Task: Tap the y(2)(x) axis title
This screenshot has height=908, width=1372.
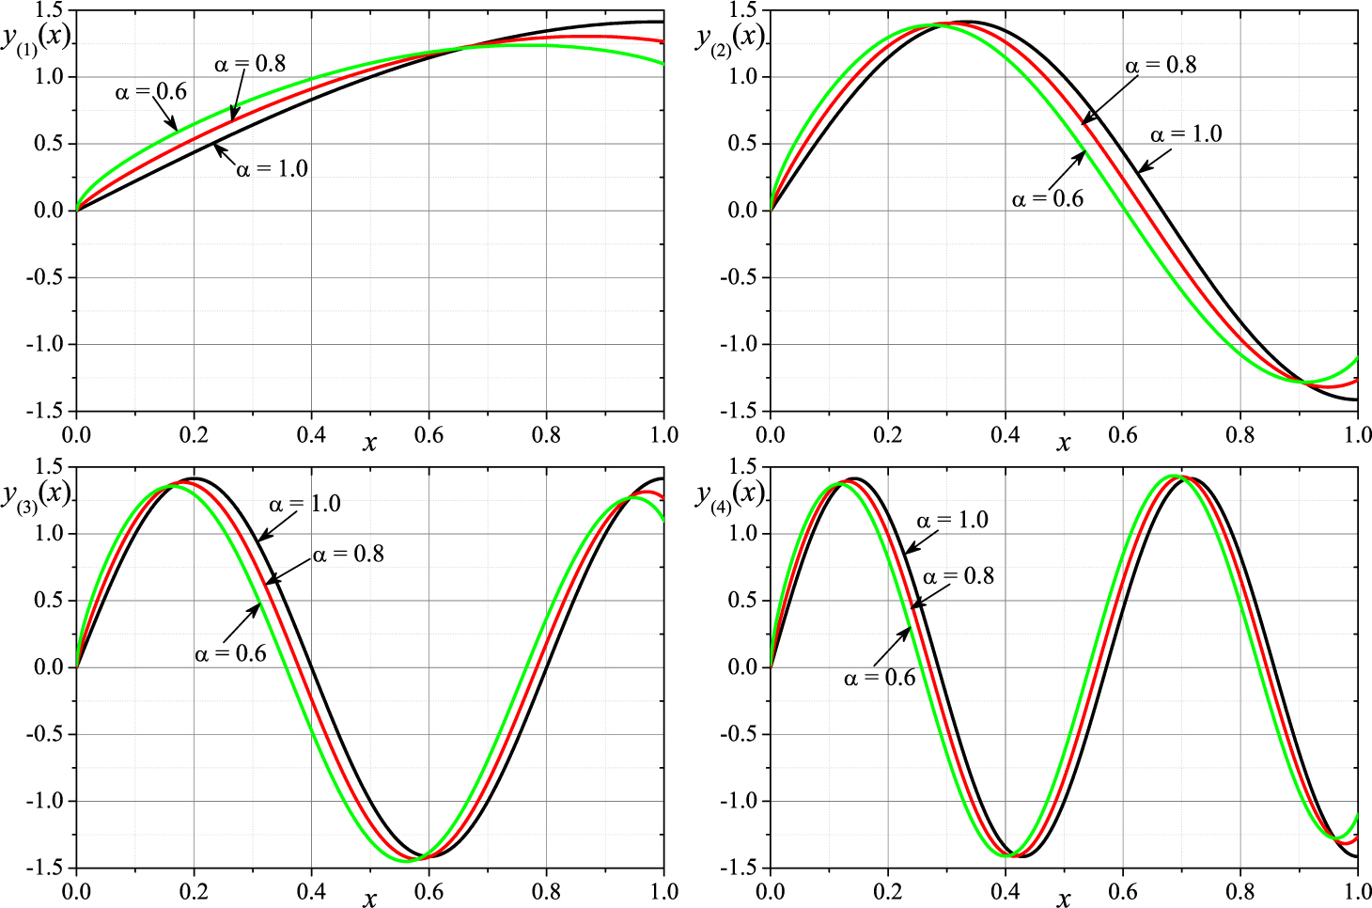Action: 730,39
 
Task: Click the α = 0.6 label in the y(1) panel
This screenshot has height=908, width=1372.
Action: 150,92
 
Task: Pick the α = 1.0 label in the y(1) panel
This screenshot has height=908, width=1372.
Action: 272,169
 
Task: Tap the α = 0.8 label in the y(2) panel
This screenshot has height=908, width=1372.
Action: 1161,65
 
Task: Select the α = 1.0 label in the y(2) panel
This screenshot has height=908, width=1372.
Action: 1186,134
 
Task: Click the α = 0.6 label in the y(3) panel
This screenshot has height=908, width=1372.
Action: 230,654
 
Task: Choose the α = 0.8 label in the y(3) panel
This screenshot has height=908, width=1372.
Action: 348,555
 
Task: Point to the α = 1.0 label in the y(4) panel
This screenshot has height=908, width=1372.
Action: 952,521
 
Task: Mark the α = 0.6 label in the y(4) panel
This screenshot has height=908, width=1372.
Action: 879,679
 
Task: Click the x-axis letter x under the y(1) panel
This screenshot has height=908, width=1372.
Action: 369,443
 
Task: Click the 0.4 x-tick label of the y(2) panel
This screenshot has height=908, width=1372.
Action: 1005,435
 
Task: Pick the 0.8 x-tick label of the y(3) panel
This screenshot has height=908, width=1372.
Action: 546,891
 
